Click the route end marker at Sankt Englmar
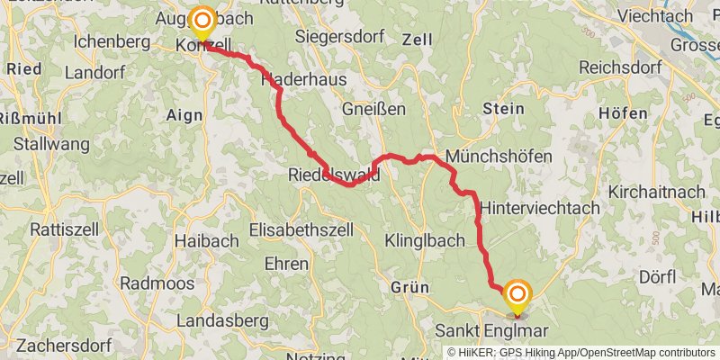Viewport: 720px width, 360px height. click(x=517, y=296)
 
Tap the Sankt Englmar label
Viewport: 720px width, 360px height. click(x=491, y=330)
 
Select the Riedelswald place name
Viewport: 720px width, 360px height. click(x=334, y=175)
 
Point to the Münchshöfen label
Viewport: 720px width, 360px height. click(x=499, y=156)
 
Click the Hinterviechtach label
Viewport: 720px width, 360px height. click(x=540, y=207)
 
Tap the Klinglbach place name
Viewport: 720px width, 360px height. click(x=424, y=240)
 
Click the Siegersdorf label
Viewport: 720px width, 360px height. click(x=340, y=38)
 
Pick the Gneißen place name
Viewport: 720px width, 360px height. click(x=374, y=108)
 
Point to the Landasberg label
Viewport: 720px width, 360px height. click(x=223, y=320)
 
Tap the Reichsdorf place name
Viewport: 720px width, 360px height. click(x=620, y=67)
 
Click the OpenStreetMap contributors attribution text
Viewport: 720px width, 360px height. click(x=649, y=353)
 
